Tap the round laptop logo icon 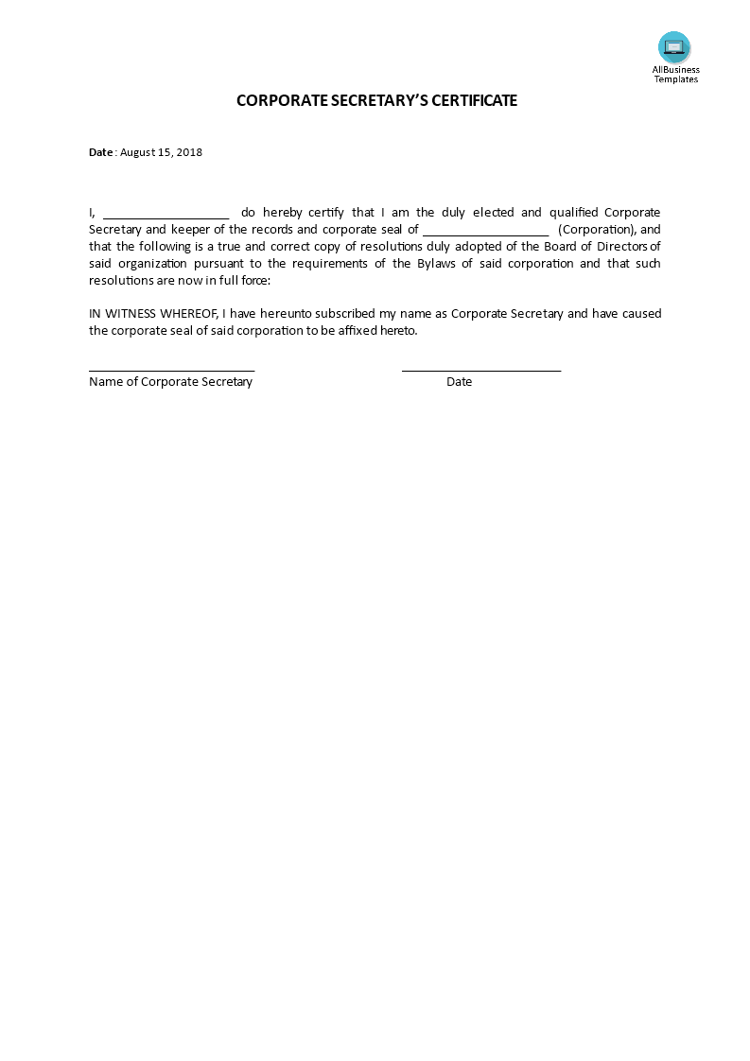click(x=674, y=47)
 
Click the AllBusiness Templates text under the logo click(x=676, y=74)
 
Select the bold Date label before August click(x=100, y=152)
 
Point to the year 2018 click(x=189, y=152)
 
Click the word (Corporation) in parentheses click(x=597, y=230)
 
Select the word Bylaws click(x=440, y=264)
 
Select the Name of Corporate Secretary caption click(x=170, y=382)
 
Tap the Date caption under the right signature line click(x=460, y=382)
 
